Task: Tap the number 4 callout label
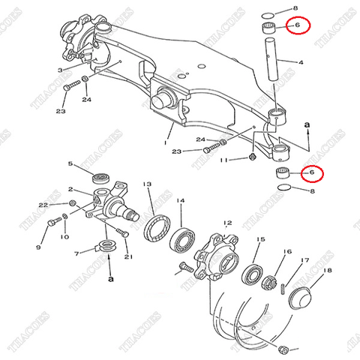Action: (x=301, y=63)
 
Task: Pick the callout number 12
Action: (x=228, y=223)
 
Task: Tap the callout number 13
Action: (x=148, y=184)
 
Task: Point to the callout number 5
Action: (x=70, y=163)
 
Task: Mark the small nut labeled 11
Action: (x=253, y=157)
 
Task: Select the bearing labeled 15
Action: (x=250, y=272)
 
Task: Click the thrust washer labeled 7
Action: (x=109, y=244)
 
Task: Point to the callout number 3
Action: (x=58, y=70)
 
